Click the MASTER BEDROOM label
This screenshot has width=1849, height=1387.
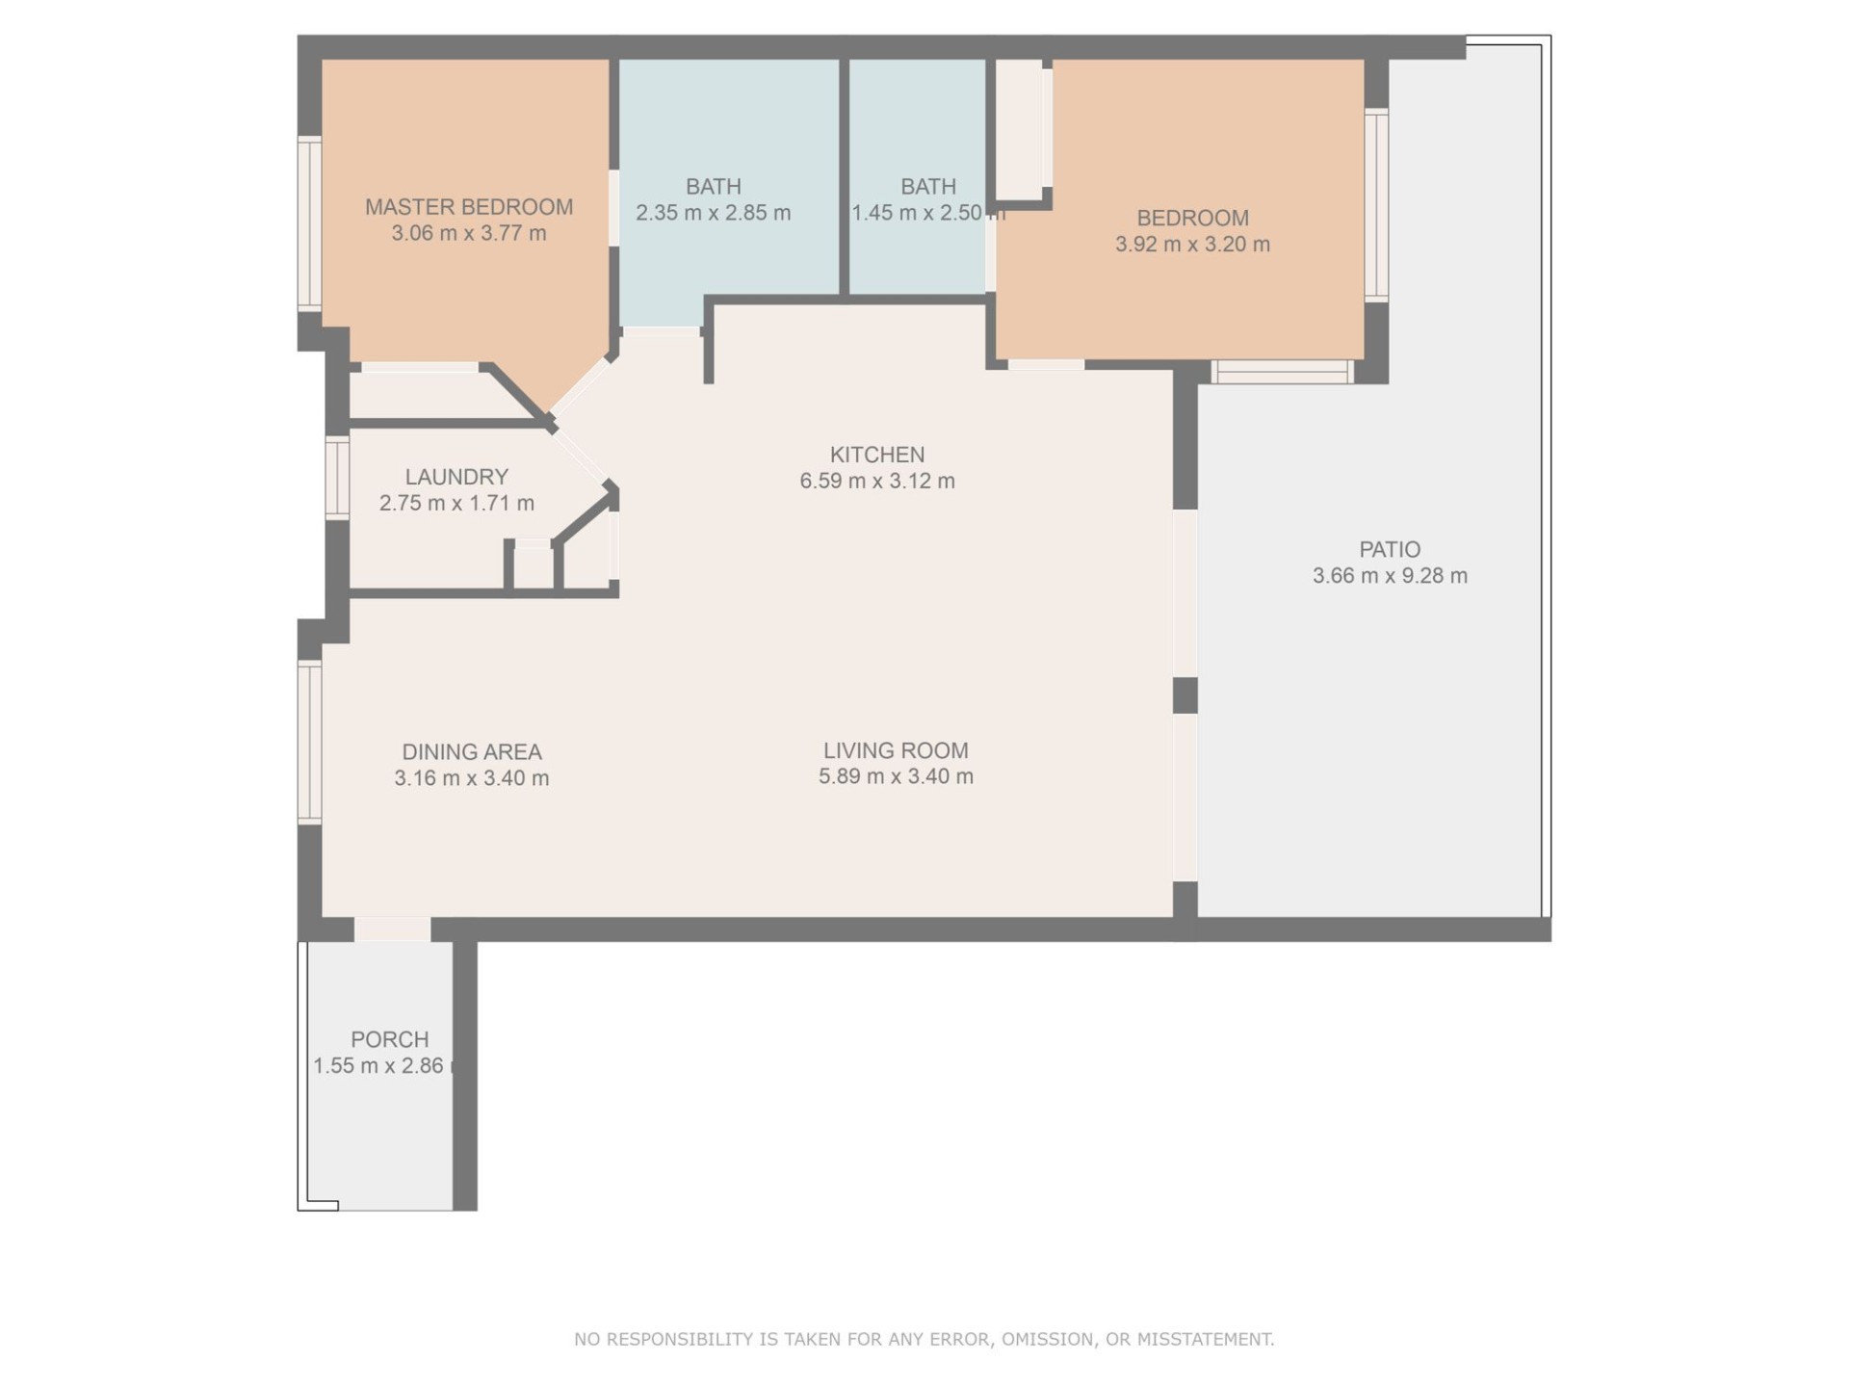tap(469, 207)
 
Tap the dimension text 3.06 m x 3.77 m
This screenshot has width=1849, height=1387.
tap(469, 233)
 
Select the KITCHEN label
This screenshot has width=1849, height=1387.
tap(877, 455)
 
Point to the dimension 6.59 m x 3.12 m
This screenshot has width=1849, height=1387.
tap(877, 481)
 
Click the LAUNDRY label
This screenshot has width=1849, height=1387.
tap(456, 477)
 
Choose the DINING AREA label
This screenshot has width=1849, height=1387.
tap(472, 752)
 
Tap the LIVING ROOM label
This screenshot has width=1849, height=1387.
tap(896, 750)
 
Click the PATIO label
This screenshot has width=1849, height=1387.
tap(1390, 550)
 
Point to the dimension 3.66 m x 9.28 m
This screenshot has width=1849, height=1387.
tap(1390, 576)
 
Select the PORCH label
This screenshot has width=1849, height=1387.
tap(390, 1040)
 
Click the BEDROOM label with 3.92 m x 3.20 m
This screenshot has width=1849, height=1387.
tap(1192, 219)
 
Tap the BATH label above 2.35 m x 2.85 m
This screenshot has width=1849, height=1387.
tap(714, 187)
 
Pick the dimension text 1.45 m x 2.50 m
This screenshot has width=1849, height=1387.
tap(928, 213)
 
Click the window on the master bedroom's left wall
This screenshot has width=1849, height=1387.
tap(309, 223)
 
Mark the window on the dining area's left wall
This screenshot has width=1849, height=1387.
tap(309, 743)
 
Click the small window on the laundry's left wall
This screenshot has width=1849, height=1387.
tap(337, 478)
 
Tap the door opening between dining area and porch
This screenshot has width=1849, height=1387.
tap(393, 929)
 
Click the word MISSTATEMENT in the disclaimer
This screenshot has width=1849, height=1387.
tap(1206, 1339)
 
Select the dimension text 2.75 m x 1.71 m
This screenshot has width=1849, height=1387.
tap(456, 503)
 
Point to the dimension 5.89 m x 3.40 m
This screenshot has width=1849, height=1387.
tap(896, 776)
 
